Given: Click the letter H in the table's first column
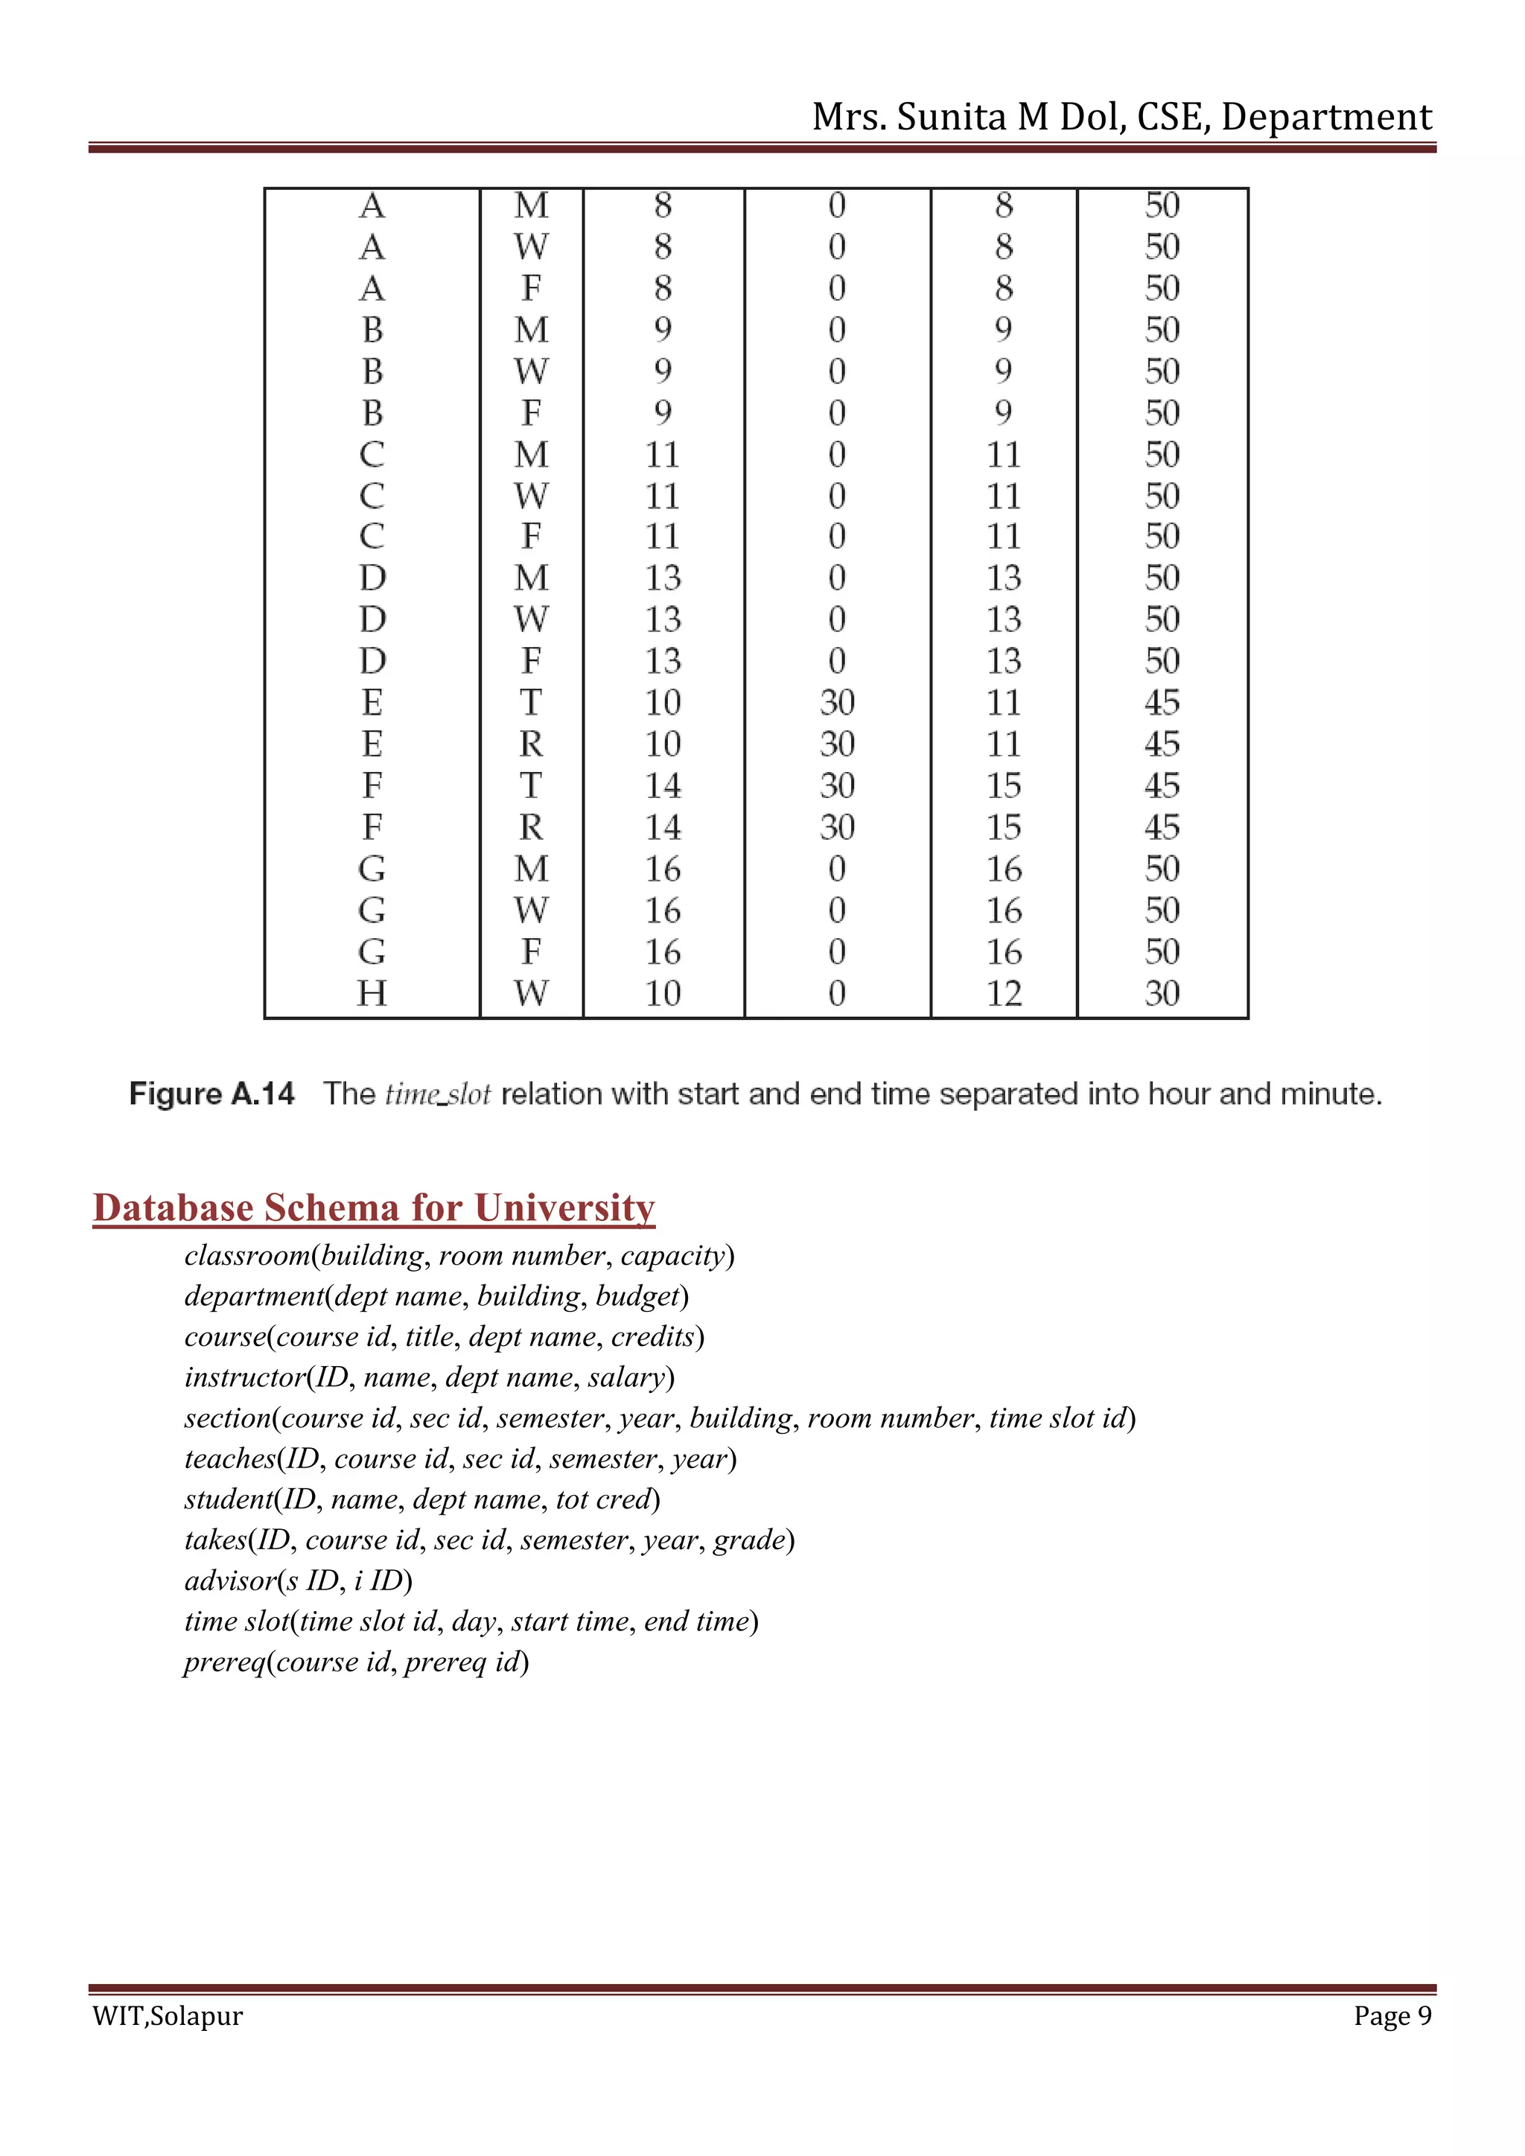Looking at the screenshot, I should (372, 992).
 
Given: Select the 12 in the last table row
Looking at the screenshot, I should (1003, 992).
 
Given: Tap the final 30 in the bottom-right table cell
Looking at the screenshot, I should (1162, 992).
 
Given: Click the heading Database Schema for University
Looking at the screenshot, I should (374, 1208).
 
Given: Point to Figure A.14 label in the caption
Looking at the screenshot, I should (211, 1094).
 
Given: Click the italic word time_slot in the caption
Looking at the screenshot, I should (438, 1094).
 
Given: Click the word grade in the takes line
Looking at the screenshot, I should (748, 1540).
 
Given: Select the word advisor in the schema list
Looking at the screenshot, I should (230, 1581).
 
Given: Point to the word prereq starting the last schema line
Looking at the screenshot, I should (224, 1662).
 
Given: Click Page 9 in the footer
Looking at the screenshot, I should (1392, 2016).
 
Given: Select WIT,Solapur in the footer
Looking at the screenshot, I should (167, 2016).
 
